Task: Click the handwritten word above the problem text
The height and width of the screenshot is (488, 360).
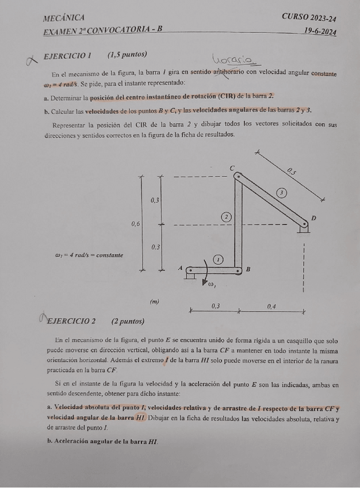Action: click(x=235, y=60)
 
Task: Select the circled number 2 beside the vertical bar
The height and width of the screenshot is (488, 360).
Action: click(x=227, y=216)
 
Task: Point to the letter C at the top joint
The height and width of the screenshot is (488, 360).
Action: click(x=232, y=167)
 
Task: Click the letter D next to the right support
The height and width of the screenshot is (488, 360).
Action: click(x=313, y=218)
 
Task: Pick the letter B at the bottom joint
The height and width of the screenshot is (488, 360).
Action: click(x=248, y=269)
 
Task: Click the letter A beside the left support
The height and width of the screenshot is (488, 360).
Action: click(x=180, y=268)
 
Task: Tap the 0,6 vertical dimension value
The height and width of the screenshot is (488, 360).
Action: click(x=136, y=223)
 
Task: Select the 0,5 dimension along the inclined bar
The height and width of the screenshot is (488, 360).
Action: click(x=292, y=170)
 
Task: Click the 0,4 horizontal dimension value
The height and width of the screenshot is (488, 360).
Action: click(x=272, y=306)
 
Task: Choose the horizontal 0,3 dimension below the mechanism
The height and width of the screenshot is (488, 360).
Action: click(x=216, y=306)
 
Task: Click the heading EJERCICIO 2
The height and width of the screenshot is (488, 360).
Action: click(x=72, y=321)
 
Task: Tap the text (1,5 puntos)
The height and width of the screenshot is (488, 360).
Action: click(x=127, y=55)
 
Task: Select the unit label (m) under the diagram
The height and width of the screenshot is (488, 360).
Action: click(x=154, y=302)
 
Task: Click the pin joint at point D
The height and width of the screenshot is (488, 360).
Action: click(x=301, y=226)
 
